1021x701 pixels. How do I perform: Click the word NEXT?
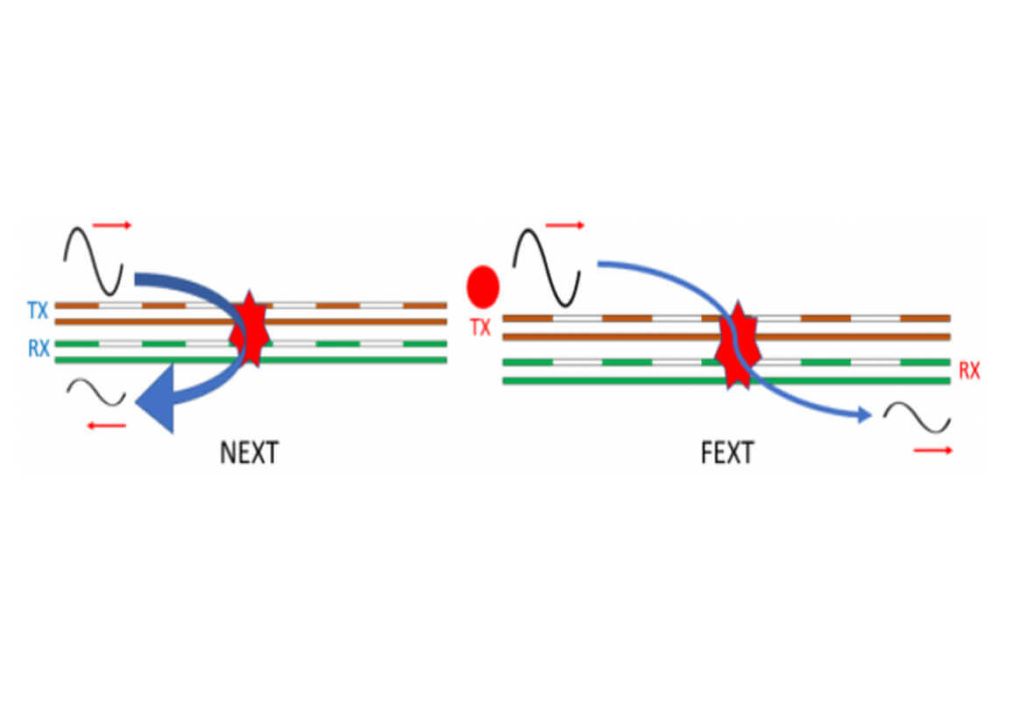click(249, 453)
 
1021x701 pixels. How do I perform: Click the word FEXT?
click(727, 453)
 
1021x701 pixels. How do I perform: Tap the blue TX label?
click(38, 310)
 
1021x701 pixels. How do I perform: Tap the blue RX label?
click(38, 349)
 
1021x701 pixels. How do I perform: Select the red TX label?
click(480, 329)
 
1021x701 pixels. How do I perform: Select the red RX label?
click(968, 372)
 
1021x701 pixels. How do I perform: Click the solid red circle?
click(482, 286)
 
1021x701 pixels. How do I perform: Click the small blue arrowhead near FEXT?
click(864, 415)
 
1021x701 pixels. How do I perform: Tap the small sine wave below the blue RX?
click(96, 392)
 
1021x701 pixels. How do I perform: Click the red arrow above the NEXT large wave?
click(111, 226)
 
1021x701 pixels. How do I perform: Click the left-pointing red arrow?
click(107, 426)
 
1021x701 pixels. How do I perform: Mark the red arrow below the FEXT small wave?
click(932, 450)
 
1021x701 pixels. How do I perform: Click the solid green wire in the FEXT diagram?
click(613, 380)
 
